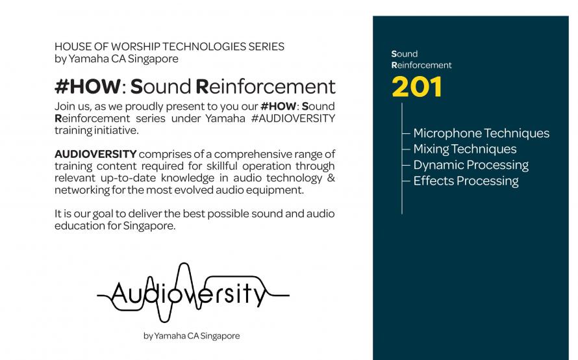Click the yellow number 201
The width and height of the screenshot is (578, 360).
416,87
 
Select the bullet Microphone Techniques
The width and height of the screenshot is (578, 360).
481,133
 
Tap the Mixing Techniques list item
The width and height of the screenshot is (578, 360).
465,149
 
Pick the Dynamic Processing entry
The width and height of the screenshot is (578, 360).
471,165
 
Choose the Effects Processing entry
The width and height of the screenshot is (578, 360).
466,181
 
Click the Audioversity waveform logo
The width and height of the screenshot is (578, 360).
193,292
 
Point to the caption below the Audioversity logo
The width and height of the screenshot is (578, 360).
192,336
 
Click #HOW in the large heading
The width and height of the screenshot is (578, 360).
88,86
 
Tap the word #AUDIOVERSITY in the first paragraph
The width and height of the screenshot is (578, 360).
293,118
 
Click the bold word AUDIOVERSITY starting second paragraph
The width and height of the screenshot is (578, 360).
95,154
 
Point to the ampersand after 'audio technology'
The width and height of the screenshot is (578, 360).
331,178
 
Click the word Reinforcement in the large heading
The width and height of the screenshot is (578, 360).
265,86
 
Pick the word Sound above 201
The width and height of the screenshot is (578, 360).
405,54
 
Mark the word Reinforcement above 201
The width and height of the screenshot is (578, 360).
421,65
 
